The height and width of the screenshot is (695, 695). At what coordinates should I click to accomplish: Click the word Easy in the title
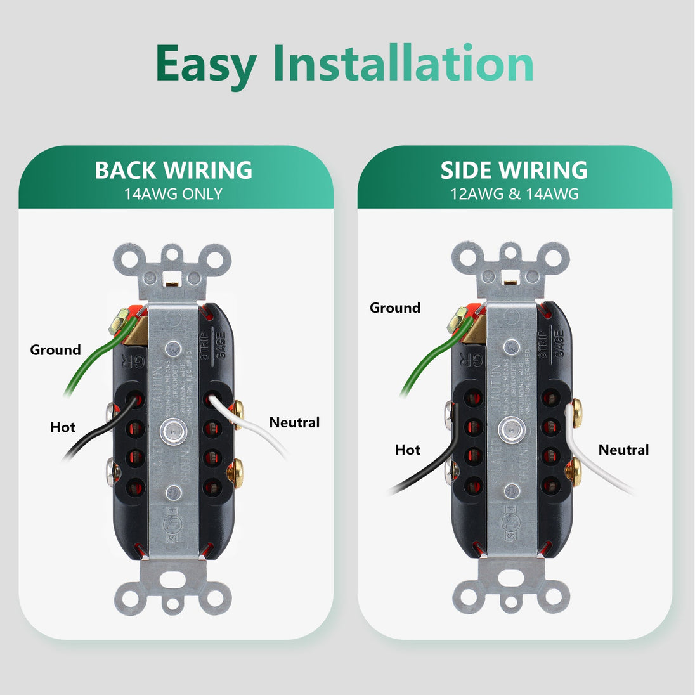pos(205,65)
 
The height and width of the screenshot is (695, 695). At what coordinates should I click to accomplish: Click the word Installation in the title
pos(403,63)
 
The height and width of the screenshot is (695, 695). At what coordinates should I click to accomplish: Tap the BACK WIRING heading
pos(174,170)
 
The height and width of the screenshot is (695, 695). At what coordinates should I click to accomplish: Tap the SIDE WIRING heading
pos(514,170)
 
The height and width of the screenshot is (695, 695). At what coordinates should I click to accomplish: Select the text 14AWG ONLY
pos(174,194)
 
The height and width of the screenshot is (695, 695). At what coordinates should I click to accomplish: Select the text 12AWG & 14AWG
pos(514,194)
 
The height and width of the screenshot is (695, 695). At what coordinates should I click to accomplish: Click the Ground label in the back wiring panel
pos(56,350)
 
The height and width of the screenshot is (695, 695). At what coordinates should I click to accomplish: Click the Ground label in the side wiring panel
pos(395,308)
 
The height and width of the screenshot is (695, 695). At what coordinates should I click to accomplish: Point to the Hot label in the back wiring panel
pos(63,427)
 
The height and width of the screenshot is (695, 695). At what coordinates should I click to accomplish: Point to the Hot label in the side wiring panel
pos(408,450)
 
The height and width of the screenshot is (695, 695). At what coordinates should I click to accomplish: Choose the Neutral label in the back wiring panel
pos(294,422)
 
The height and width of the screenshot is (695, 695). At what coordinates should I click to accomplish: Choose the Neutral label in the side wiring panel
pos(623,450)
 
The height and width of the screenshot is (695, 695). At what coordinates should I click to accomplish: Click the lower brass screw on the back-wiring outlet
pos(235,472)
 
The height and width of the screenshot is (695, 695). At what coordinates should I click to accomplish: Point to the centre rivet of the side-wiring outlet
pos(507,429)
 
